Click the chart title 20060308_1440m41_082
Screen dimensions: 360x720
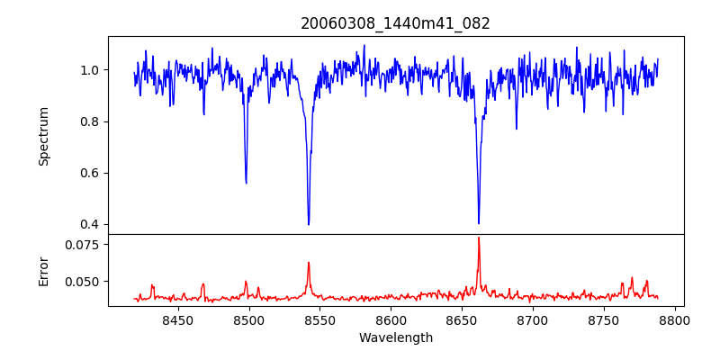(x=395, y=23)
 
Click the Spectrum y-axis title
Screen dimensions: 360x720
(x=43, y=136)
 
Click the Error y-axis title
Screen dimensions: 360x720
(x=43, y=270)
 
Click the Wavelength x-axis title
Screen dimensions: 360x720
(x=395, y=338)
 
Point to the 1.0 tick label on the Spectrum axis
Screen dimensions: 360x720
(x=90, y=70)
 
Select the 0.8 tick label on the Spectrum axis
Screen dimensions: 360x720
(x=90, y=121)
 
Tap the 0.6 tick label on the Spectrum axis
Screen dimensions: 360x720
(x=90, y=173)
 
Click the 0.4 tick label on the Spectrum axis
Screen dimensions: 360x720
(x=90, y=224)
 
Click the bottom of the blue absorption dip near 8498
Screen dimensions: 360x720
(x=246, y=183)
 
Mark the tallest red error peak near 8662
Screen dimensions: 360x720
(x=479, y=238)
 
